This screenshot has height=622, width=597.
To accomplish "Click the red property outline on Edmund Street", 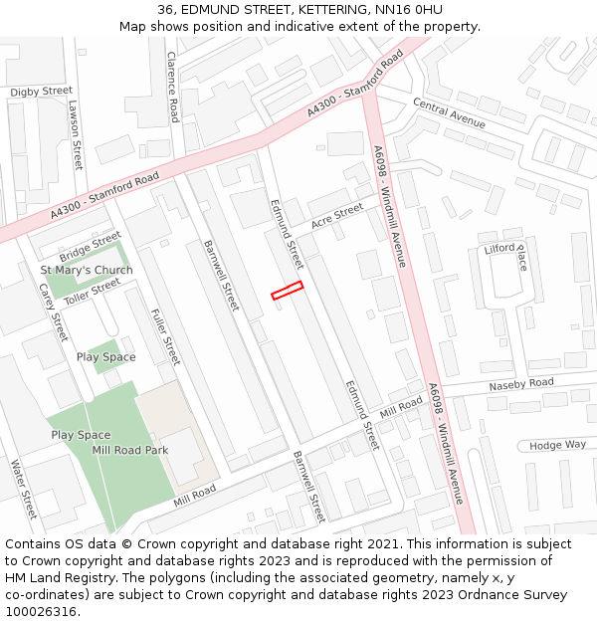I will pyautogui.click(x=287, y=290).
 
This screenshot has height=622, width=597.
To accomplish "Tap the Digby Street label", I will pyautogui.click(x=42, y=92).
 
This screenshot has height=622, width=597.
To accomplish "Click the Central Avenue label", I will pyautogui.click(x=449, y=114).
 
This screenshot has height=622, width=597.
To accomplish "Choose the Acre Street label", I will pyautogui.click(x=337, y=216).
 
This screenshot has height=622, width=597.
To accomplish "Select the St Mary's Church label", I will pyautogui.click(x=87, y=271).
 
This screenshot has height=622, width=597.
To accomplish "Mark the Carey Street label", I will pyautogui.click(x=53, y=311).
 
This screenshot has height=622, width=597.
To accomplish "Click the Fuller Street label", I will pyautogui.click(x=165, y=336).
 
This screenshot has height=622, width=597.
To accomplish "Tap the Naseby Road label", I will pyautogui.click(x=520, y=384).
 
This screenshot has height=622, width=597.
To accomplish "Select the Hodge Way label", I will pyautogui.click(x=557, y=445).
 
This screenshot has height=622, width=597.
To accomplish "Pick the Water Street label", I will pyautogui.click(x=22, y=489).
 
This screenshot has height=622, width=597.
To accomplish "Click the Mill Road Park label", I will pyautogui.click(x=129, y=450).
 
